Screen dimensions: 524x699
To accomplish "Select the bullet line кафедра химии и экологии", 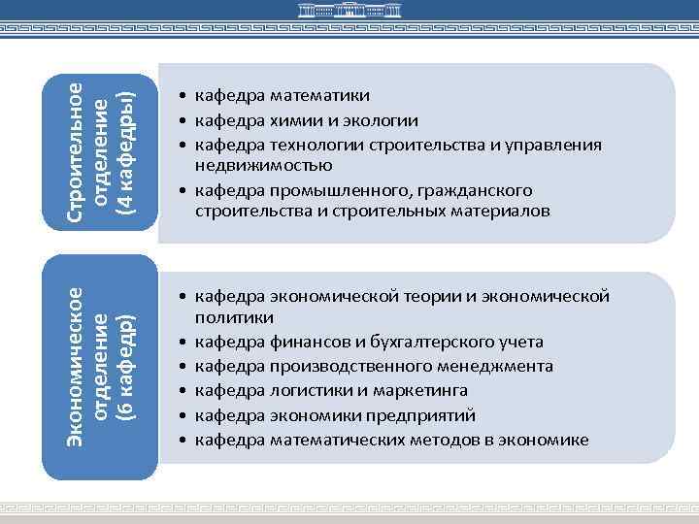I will click(x=307, y=120).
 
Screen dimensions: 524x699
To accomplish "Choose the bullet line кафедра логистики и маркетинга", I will click(x=331, y=390).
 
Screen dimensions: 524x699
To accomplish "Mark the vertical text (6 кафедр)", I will click(x=123, y=367).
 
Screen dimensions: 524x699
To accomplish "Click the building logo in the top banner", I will click(x=349, y=14).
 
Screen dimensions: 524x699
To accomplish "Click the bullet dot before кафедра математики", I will click(x=182, y=96).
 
